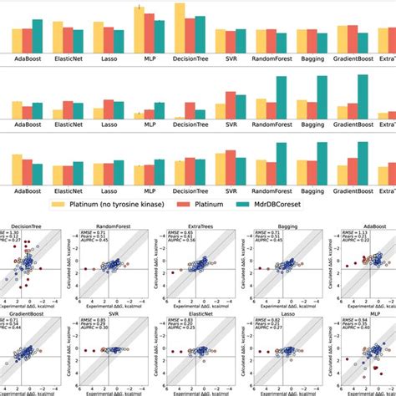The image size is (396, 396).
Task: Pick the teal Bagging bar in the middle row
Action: tap(322, 99)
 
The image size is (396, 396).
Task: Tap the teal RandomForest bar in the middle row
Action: tap(282, 99)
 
